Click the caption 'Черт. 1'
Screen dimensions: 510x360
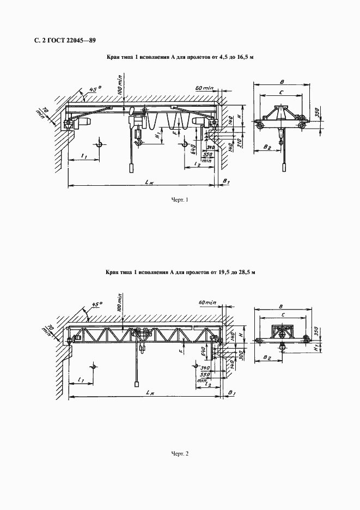pos(179,200)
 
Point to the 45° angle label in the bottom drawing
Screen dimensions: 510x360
pos(97,305)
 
